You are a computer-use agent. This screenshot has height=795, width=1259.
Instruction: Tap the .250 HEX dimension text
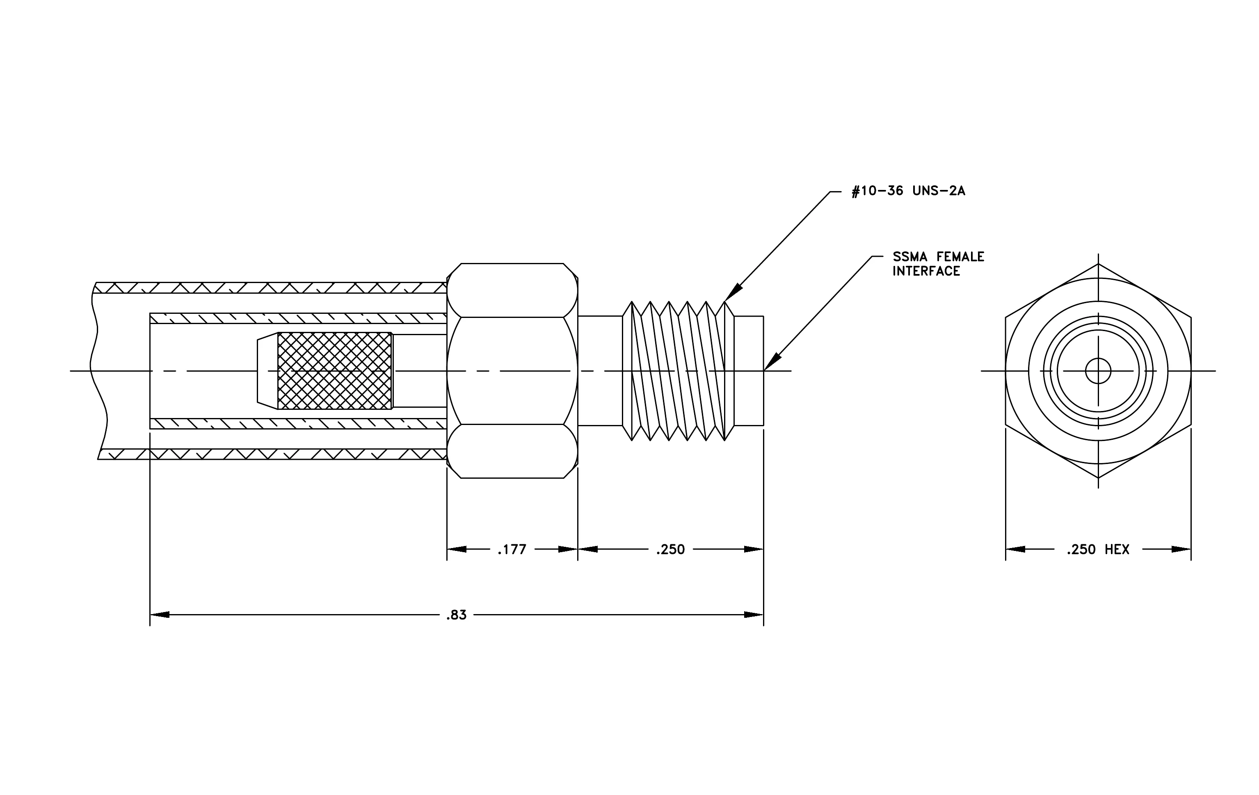coord(1098,549)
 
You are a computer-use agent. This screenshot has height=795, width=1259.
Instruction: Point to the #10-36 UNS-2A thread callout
coord(908,191)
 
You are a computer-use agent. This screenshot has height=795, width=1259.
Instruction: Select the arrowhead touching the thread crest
coord(733,293)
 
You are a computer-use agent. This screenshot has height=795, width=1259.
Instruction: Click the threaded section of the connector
coord(678,370)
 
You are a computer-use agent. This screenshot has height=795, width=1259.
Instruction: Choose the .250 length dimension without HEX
coord(670,549)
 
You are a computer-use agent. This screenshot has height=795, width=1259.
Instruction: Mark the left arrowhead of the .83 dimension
coord(160,615)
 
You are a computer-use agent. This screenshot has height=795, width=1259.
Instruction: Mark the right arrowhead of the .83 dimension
coord(754,615)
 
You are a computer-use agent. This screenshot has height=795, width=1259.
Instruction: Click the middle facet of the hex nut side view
coord(512,370)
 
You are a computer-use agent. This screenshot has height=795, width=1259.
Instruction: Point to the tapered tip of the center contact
coord(267,370)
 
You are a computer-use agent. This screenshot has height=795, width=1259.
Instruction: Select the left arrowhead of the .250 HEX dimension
coord(1015,549)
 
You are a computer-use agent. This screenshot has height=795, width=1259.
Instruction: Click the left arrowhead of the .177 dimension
coord(457,549)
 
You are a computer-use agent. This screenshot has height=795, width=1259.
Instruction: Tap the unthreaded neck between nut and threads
coord(600,370)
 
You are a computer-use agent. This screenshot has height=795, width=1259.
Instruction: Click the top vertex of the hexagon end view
coord(1098,264)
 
